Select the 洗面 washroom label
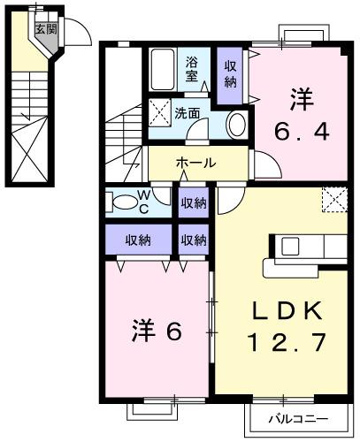(186, 113)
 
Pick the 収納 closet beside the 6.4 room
(229, 74)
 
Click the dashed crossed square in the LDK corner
(333, 200)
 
